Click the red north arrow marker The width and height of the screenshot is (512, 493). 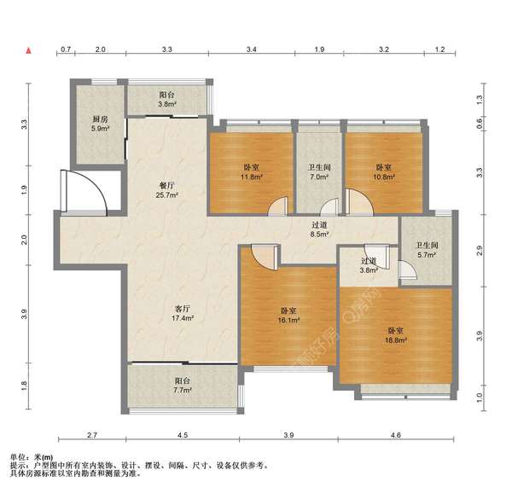[x=29, y=50]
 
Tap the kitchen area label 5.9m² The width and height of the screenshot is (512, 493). [x=100, y=124]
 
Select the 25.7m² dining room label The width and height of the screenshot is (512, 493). [x=167, y=190]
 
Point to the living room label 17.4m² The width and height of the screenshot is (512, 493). [x=183, y=313]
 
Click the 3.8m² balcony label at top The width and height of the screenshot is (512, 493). [x=167, y=100]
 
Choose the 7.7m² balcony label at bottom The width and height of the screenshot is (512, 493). [x=183, y=386]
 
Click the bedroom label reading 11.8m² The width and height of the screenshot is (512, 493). [x=252, y=172]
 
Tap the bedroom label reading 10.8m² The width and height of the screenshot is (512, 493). [x=384, y=172]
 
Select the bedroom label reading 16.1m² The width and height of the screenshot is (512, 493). [x=288, y=316]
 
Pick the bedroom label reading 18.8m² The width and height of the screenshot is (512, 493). [x=396, y=335]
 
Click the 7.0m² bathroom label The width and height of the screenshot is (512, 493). [x=319, y=172]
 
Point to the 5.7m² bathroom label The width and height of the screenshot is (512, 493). [x=427, y=250]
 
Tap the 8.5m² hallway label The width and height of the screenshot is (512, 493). [x=319, y=229]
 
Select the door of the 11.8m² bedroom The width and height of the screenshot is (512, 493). [x=278, y=206]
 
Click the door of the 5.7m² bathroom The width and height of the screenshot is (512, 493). [x=408, y=270]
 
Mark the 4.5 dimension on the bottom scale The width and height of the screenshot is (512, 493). [x=183, y=435]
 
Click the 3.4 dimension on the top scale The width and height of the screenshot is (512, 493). [x=251, y=49]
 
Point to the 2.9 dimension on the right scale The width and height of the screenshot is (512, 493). [x=479, y=251]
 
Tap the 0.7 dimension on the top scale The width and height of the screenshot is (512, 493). [x=66, y=49]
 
